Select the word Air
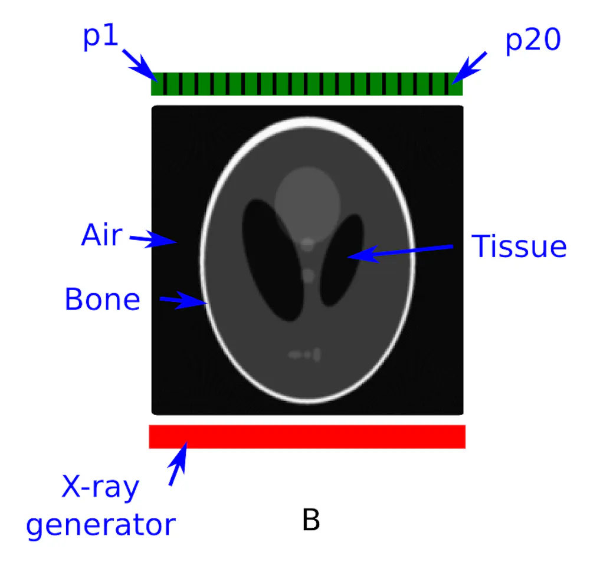(x=101, y=236)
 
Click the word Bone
(x=102, y=299)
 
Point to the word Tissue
(x=519, y=246)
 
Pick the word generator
(x=101, y=524)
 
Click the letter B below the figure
(x=311, y=520)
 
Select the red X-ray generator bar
(x=307, y=436)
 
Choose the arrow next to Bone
(x=183, y=301)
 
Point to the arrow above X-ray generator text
(x=178, y=464)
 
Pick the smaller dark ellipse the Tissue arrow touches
(x=341, y=259)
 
